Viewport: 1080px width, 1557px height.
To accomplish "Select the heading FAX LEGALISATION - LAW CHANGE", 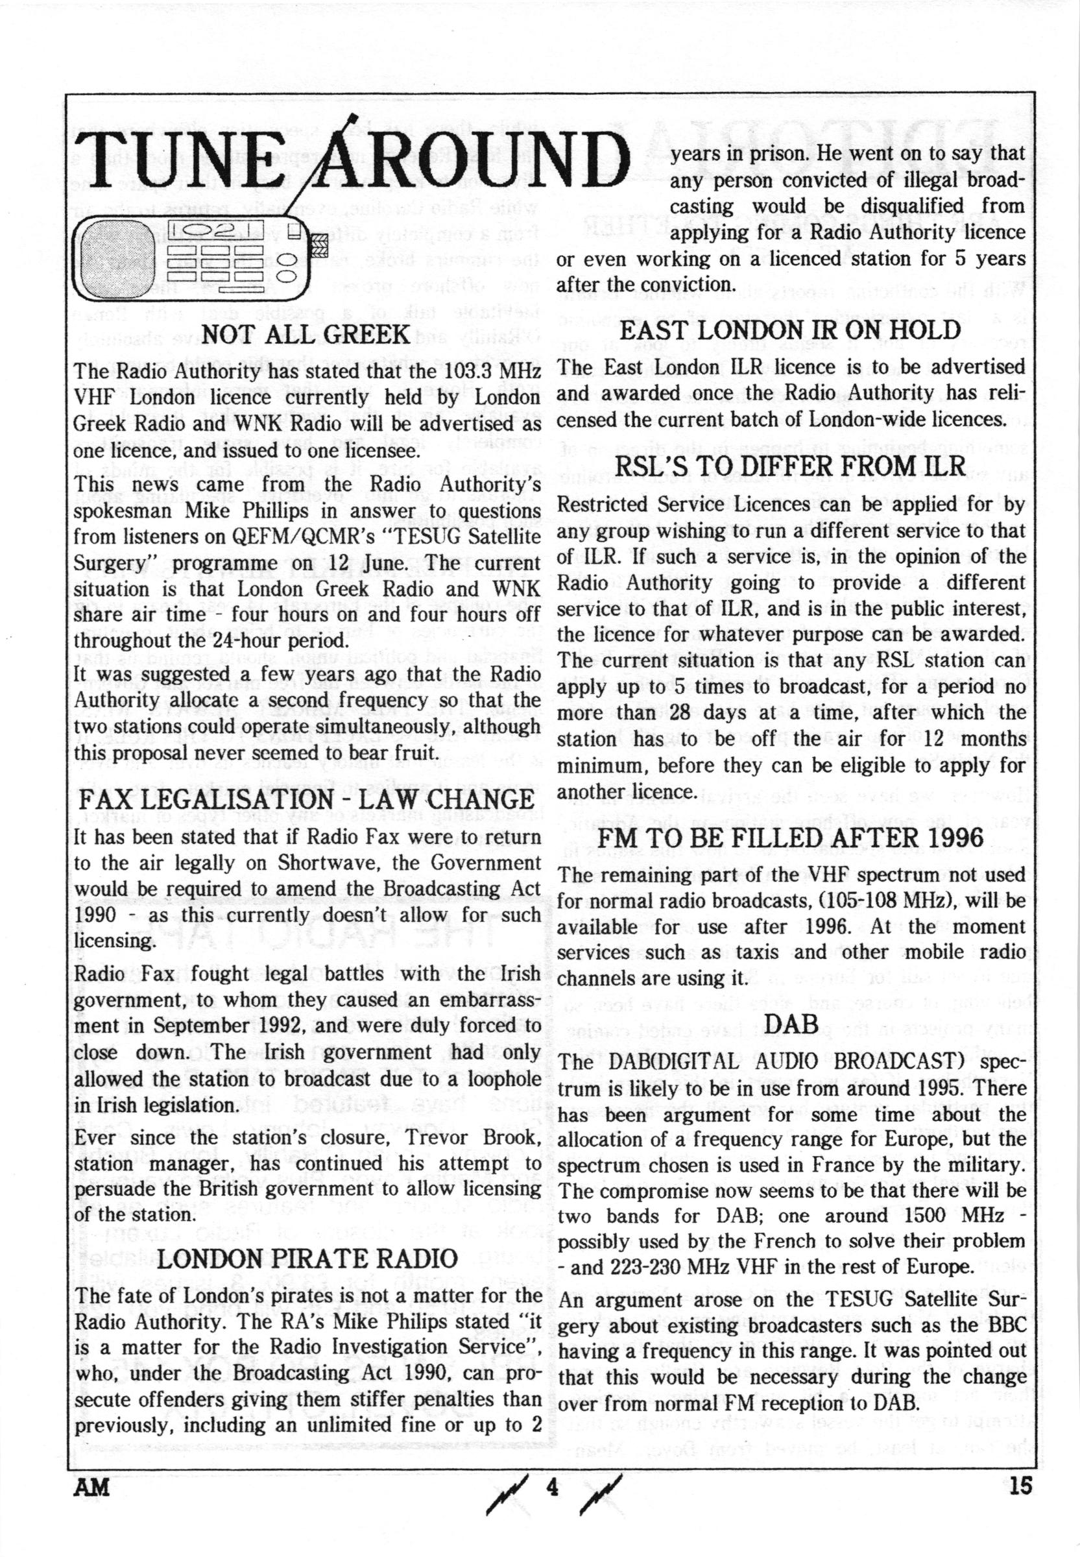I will tap(307, 800).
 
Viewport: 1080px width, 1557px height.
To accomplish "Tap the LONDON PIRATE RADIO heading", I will tap(307, 1259).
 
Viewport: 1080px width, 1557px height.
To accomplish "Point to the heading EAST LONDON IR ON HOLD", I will tap(790, 330).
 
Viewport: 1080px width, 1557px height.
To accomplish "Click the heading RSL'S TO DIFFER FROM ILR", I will tap(790, 466).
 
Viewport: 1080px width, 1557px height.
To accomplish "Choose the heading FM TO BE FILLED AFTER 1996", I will tap(790, 838).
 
